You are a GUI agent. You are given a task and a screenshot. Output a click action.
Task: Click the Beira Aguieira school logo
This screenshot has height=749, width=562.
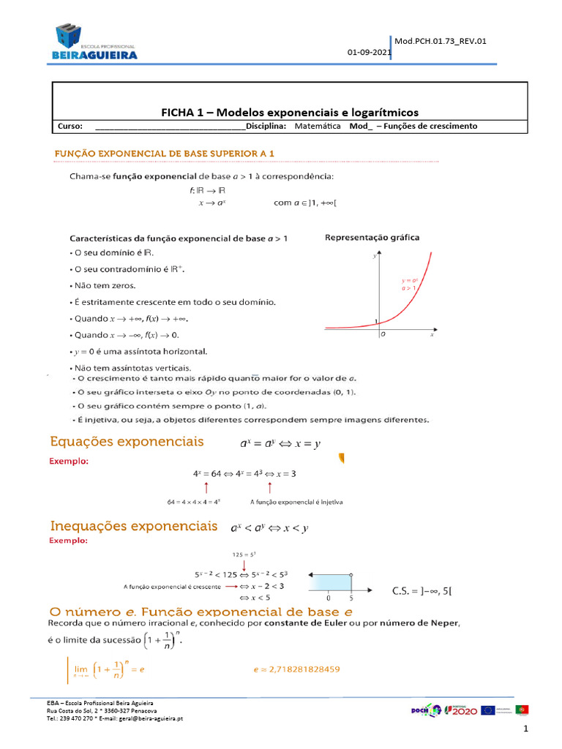tap(94, 42)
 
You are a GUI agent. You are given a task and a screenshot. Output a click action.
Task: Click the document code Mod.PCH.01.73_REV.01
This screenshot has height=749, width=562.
tap(441, 41)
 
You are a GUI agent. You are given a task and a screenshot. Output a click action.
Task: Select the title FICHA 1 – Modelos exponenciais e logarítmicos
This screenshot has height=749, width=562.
tap(290, 112)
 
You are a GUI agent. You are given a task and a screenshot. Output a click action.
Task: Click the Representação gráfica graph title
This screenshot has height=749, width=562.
tap(372, 238)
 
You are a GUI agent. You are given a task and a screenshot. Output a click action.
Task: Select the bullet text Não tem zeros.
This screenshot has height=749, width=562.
tap(104, 285)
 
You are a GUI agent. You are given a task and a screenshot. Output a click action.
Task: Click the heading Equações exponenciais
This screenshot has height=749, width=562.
tap(127, 442)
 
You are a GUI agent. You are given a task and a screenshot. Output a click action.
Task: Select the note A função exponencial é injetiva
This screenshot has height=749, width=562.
tap(296, 503)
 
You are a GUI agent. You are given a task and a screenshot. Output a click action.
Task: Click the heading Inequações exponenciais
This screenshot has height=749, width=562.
tap(133, 527)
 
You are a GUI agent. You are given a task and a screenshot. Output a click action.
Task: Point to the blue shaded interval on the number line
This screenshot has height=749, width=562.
tap(331, 582)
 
